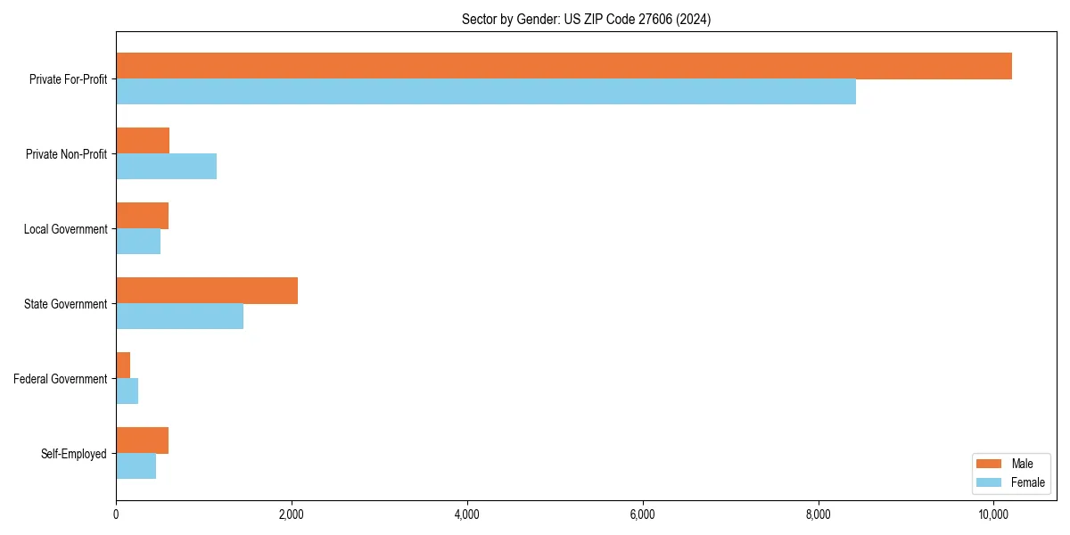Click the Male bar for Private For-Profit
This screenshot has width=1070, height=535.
564,66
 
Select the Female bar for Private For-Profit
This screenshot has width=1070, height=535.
486,92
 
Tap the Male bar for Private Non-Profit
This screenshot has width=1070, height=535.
143,141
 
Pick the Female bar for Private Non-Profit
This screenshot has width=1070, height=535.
166,167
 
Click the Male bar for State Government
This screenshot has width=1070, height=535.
207,291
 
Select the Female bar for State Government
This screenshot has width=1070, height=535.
179,317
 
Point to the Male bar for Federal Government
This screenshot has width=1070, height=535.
123,366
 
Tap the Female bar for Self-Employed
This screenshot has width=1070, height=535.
136,466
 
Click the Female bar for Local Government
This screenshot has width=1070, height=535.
138,242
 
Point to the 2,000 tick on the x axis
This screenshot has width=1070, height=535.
292,514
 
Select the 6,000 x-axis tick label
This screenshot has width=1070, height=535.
643,514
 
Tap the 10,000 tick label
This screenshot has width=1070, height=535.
993,514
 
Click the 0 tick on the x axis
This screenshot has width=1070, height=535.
116,514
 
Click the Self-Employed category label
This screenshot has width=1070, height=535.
74,454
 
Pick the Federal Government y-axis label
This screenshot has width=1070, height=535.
61,379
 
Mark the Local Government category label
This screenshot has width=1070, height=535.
66,229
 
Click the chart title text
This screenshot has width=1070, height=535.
586,19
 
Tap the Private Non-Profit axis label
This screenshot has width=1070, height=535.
67,154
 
